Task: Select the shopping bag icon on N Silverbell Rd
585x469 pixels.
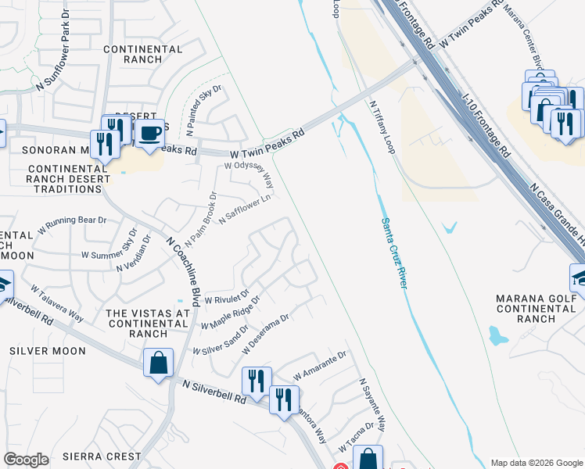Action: click(158, 363)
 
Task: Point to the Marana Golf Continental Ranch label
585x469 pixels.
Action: click(536, 308)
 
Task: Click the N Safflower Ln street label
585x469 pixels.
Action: click(244, 209)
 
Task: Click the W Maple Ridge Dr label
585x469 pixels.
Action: click(230, 313)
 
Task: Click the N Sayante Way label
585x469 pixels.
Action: click(372, 406)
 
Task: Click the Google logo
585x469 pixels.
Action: click(26, 460)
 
